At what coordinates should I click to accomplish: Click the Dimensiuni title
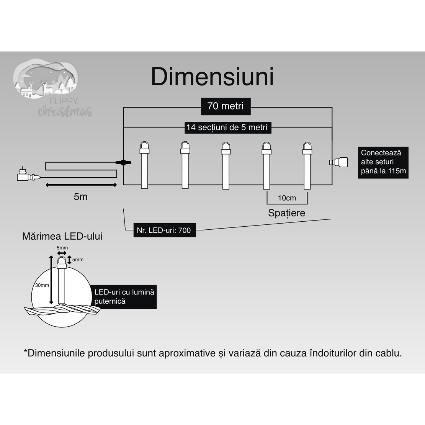tap(212, 77)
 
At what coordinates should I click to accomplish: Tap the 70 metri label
tap(226, 106)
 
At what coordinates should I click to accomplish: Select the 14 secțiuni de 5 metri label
tap(227, 127)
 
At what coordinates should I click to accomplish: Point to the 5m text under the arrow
tap(80, 197)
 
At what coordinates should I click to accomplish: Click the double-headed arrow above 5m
tap(81, 185)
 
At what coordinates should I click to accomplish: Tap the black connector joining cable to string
tap(123, 163)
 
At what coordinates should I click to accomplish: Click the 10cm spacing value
tap(287, 198)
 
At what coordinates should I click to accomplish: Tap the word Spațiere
tap(286, 213)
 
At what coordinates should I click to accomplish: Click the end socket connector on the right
tap(339, 162)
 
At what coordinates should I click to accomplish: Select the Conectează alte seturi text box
tap(383, 162)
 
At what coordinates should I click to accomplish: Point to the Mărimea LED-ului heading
tap(62, 236)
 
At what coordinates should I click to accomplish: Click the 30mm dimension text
tap(42, 285)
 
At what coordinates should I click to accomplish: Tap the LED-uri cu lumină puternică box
tap(124, 297)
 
